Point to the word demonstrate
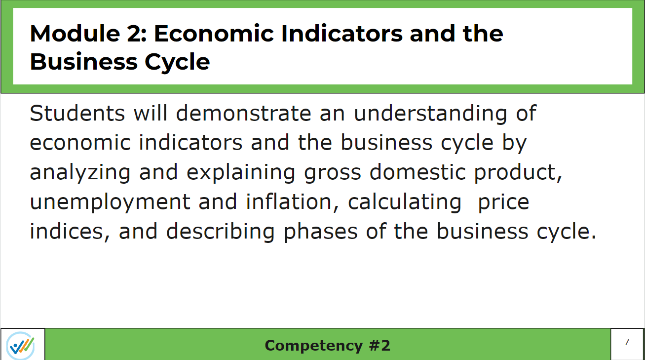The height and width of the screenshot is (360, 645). coord(244,113)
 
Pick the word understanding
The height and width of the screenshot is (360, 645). coord(430,114)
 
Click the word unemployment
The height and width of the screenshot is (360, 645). coord(110,202)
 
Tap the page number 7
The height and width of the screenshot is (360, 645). coord(627,342)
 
